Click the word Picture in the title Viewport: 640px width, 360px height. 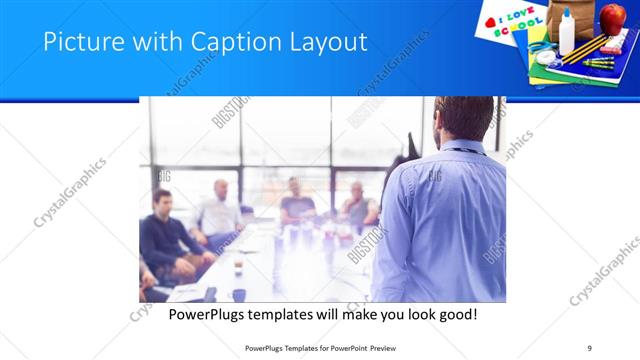80,42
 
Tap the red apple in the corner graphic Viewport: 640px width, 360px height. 611,17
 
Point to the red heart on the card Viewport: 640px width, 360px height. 491,21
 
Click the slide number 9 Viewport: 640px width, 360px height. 590,348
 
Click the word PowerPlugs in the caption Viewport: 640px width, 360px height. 200,315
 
